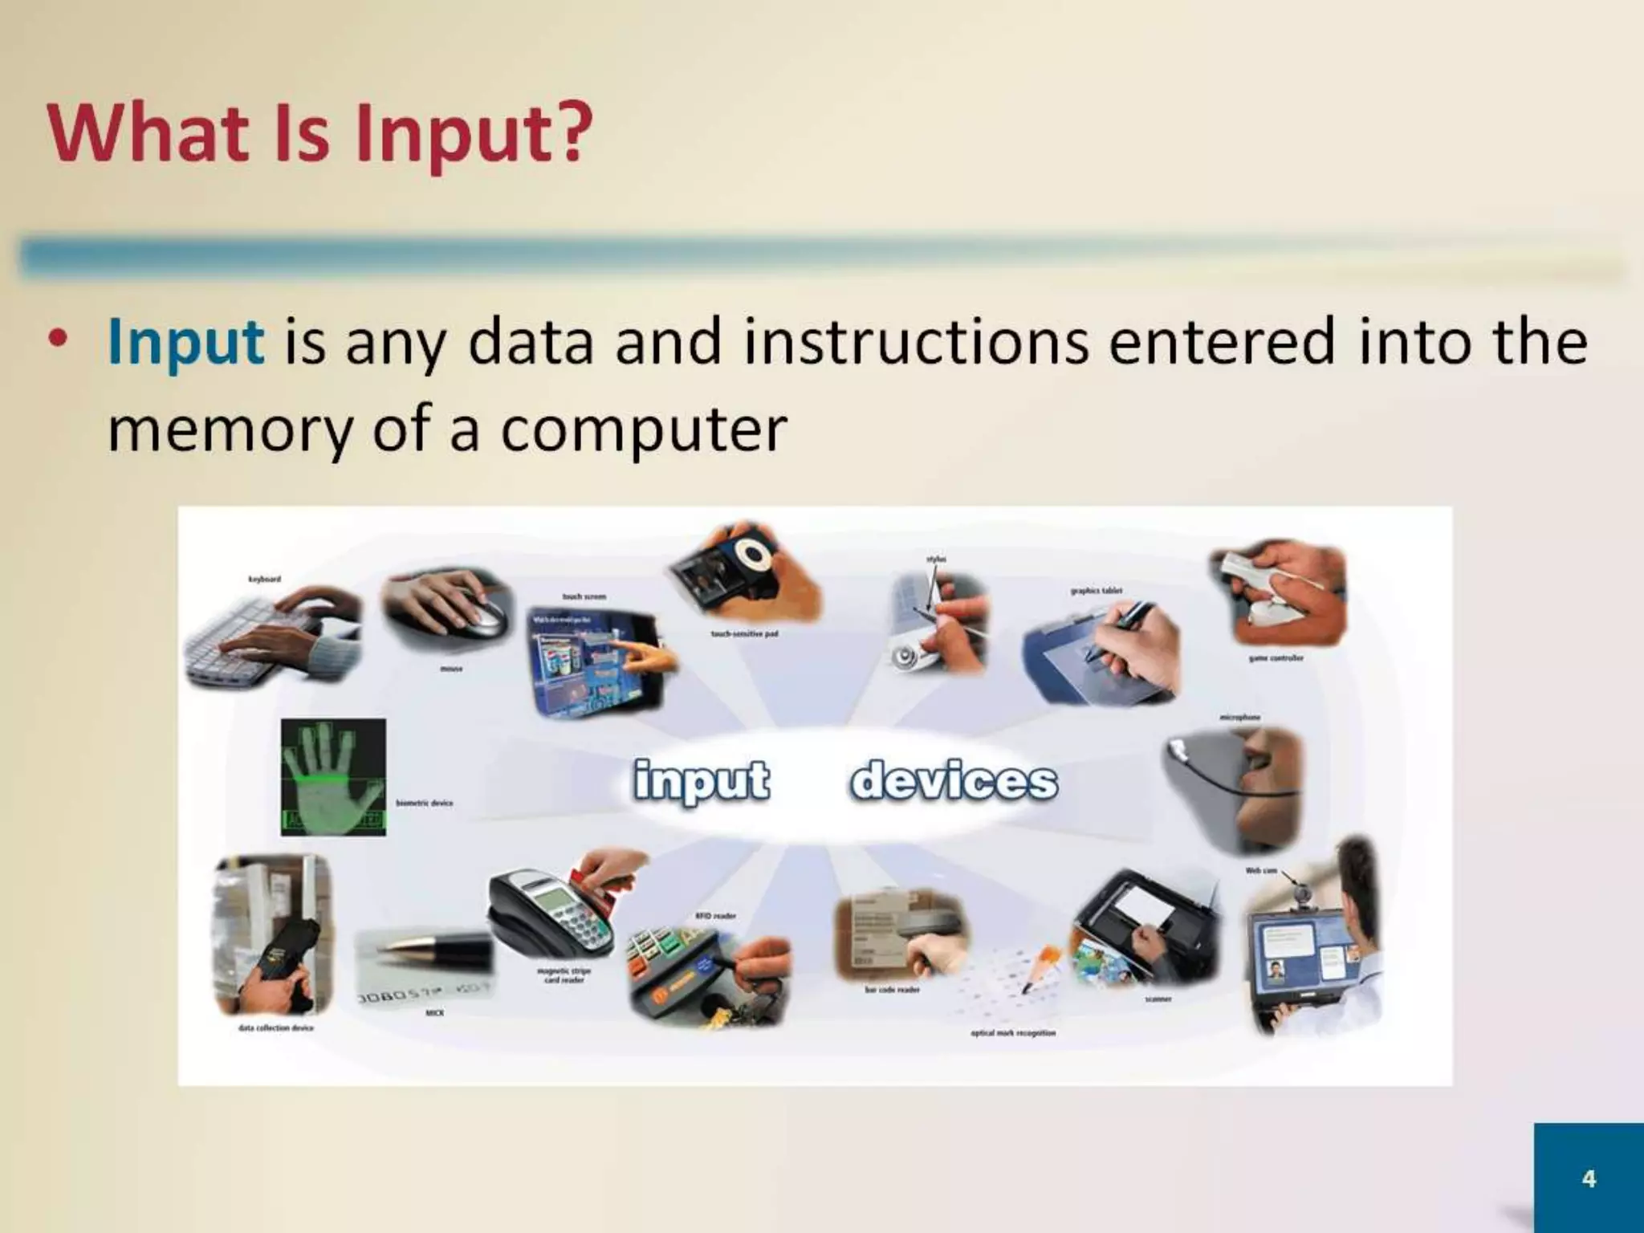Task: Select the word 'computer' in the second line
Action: click(x=643, y=429)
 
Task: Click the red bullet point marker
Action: click(x=57, y=340)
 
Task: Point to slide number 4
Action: click(x=1588, y=1178)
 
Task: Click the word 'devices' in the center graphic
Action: click(x=953, y=781)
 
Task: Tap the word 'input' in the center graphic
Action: click(x=701, y=781)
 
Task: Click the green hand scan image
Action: click(x=333, y=777)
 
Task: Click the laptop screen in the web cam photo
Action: click(x=1304, y=955)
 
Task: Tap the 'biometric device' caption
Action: click(x=424, y=803)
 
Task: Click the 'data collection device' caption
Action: click(x=275, y=1027)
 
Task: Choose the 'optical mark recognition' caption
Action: click(x=1013, y=1033)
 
